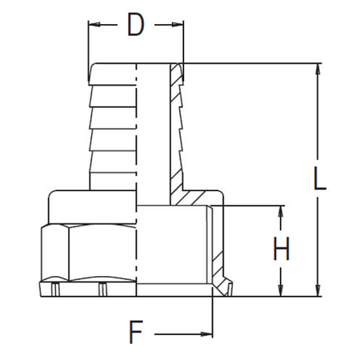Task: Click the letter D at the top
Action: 136,26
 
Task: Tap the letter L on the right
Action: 320,178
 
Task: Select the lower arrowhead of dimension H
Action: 282,290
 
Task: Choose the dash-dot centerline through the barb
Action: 138,128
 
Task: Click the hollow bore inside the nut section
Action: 172,248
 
